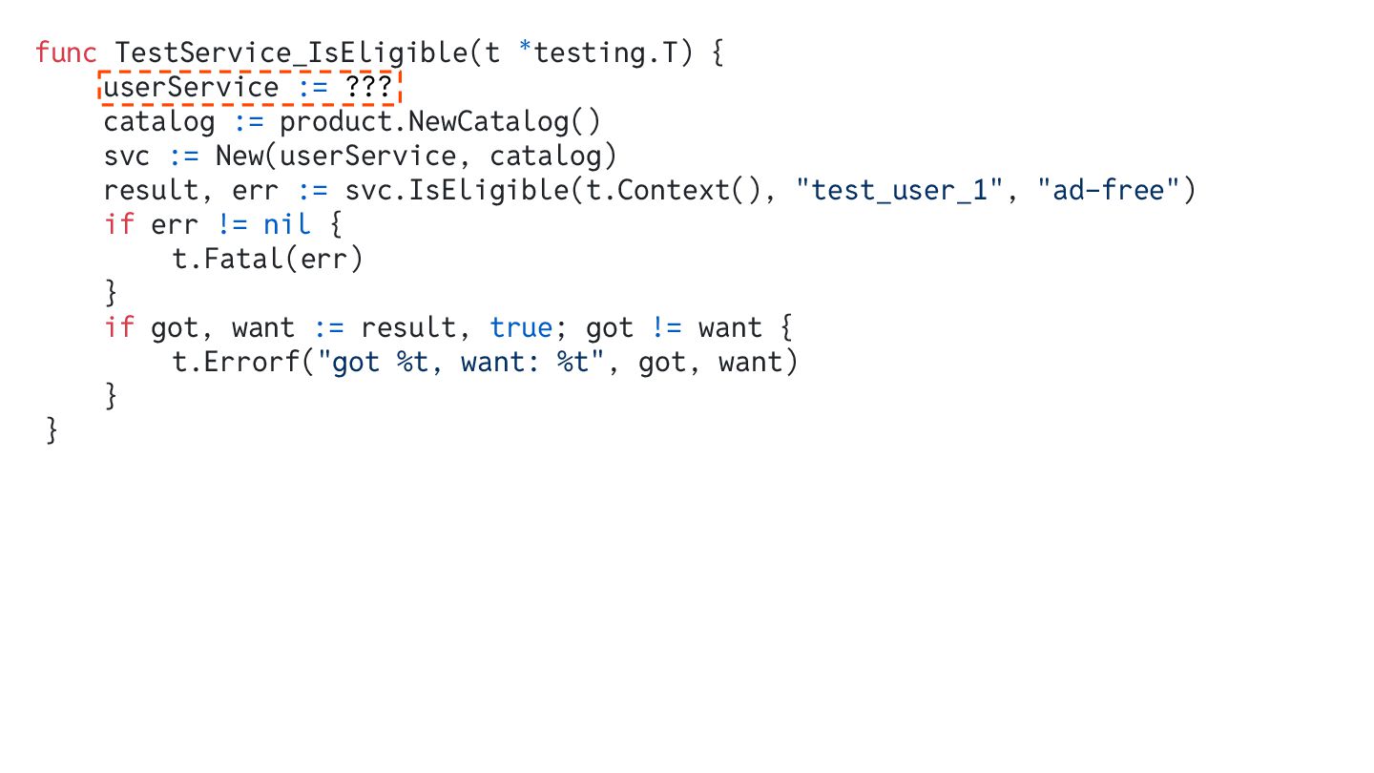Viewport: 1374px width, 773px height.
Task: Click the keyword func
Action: [66, 52]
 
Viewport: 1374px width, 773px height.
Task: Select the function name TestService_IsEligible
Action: [291, 52]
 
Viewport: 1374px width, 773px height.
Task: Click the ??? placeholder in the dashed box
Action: [368, 88]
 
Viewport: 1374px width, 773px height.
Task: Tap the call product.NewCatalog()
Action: [440, 122]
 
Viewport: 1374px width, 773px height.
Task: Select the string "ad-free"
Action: [1109, 190]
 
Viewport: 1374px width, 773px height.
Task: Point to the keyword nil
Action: [286, 224]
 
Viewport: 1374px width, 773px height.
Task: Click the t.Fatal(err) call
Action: [268, 259]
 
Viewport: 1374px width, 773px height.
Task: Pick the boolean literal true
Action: [521, 328]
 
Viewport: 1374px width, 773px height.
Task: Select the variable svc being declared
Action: [127, 156]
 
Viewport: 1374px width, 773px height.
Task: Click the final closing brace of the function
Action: [52, 431]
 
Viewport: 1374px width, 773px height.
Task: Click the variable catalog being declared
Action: [159, 122]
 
